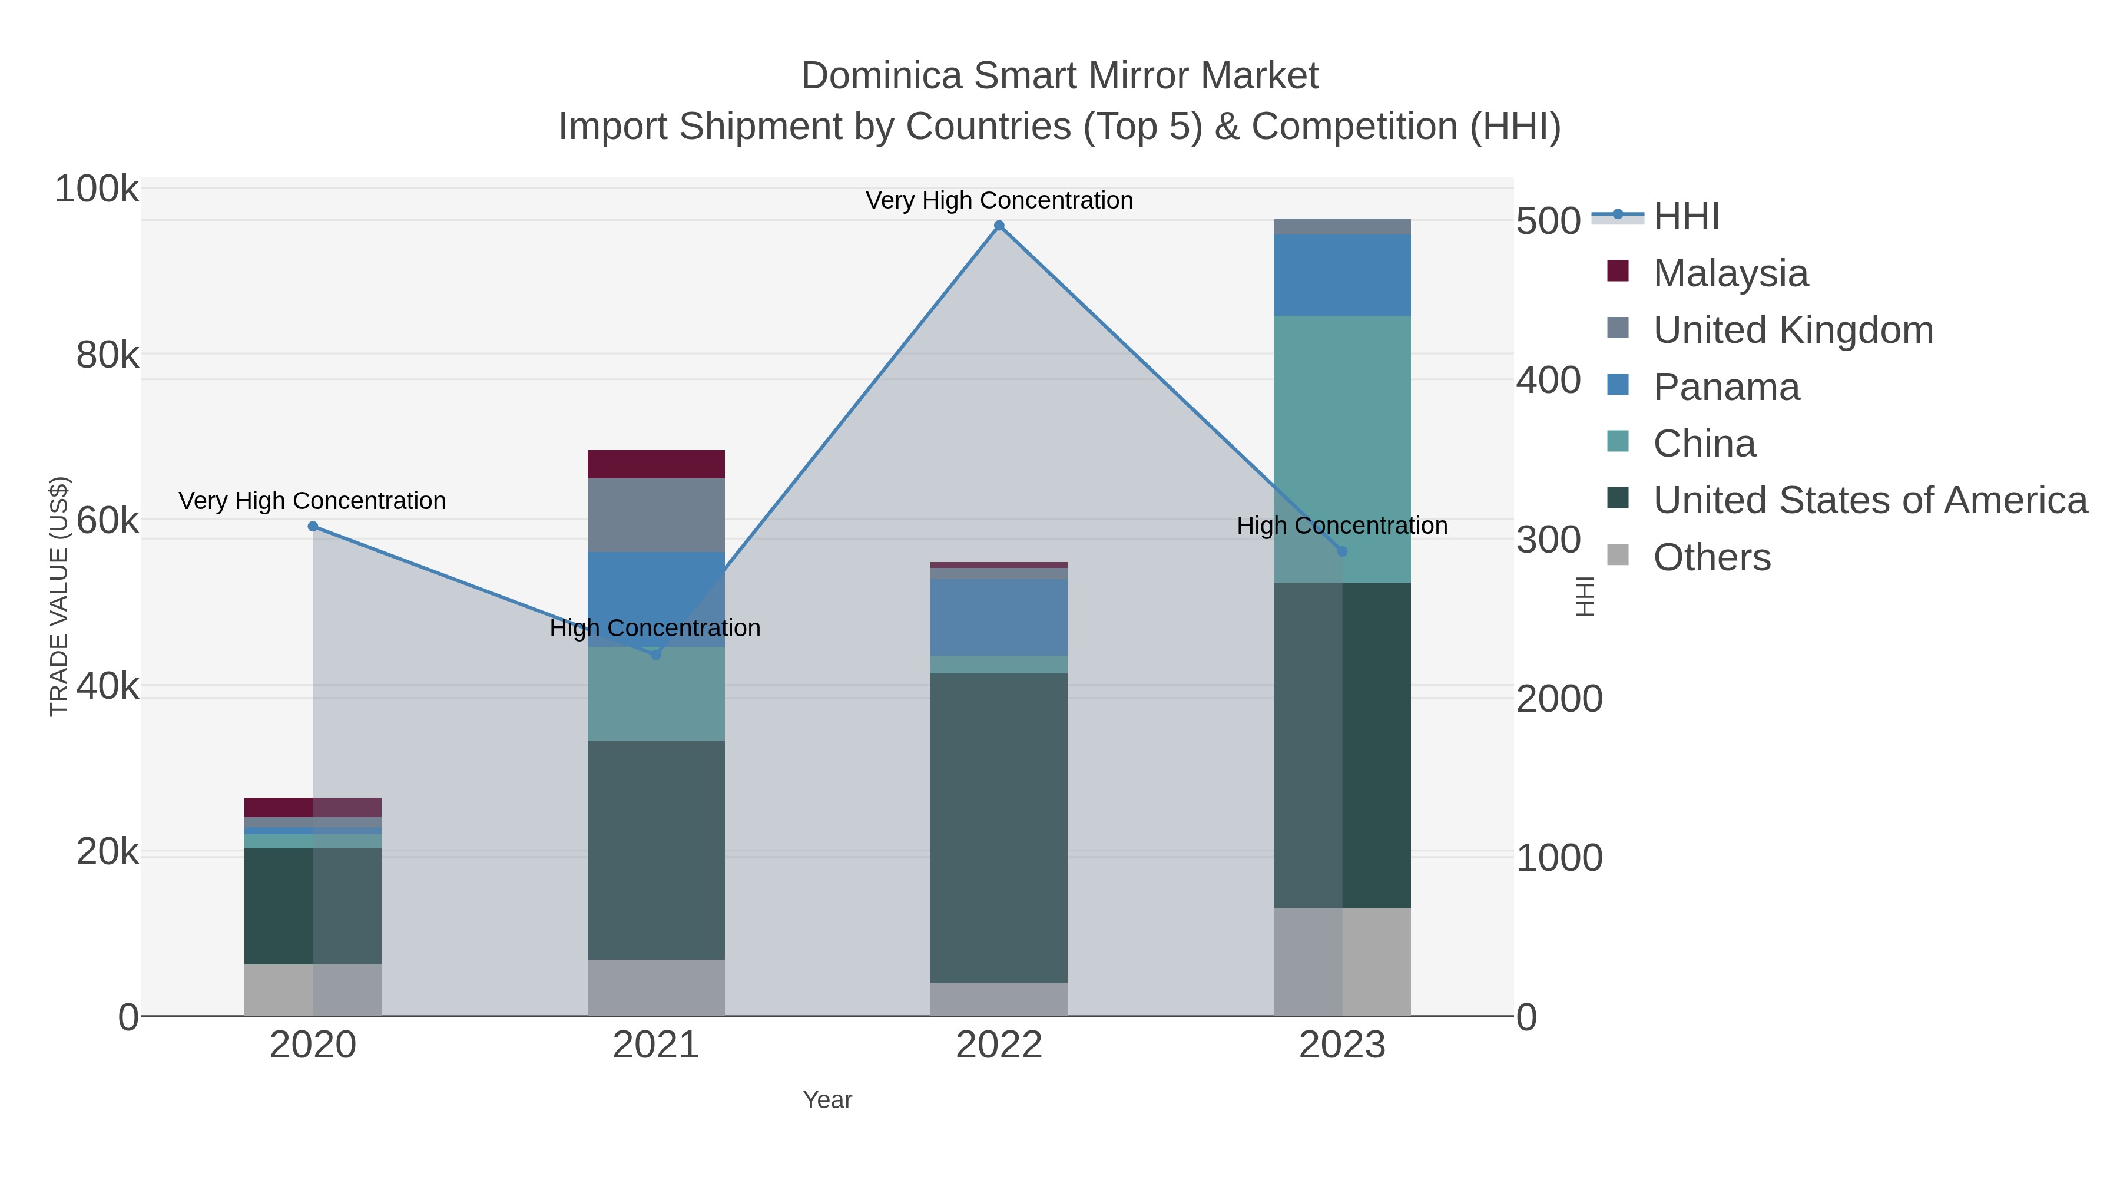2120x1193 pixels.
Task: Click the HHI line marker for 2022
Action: (x=999, y=226)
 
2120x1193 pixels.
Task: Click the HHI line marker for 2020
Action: (x=313, y=527)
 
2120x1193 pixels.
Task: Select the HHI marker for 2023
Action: (x=1342, y=551)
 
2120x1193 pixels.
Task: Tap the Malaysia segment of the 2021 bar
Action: (x=656, y=464)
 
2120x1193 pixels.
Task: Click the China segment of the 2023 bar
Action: (x=1342, y=449)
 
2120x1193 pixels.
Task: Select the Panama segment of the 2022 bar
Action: (x=999, y=617)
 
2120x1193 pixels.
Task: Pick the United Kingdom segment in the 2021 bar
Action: (x=656, y=514)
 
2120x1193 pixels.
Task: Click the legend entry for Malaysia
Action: (x=1730, y=273)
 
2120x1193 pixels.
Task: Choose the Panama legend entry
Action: (x=1726, y=387)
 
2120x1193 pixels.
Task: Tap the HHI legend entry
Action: (x=1685, y=217)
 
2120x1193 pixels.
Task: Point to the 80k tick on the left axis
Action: (x=107, y=356)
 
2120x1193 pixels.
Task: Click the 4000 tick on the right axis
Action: (x=1547, y=381)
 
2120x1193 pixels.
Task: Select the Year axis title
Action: (x=827, y=1100)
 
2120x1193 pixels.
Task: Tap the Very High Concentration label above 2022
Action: (x=999, y=200)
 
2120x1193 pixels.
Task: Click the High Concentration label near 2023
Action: (x=1341, y=526)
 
